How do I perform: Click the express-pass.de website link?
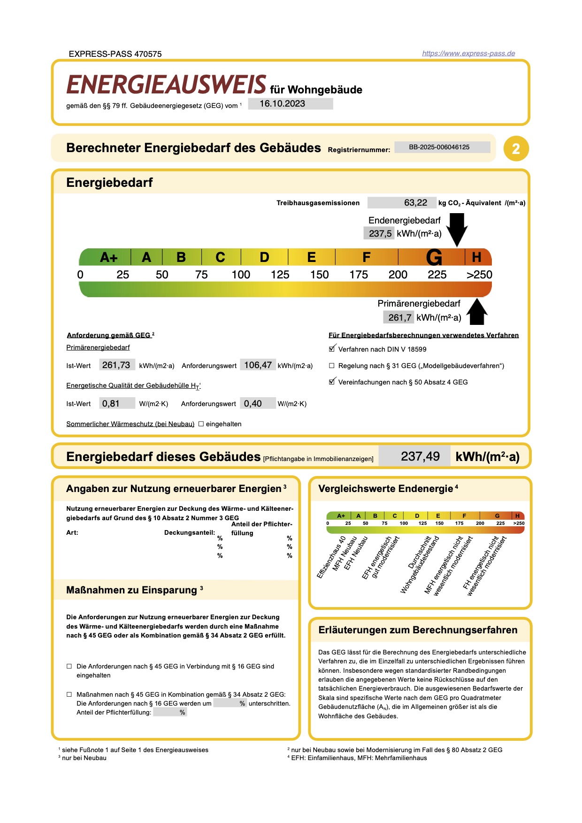468,54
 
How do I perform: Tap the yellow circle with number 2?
516,149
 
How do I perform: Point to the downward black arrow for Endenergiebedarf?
457,229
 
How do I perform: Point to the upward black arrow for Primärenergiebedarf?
477,312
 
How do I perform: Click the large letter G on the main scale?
434,258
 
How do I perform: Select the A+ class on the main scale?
108,258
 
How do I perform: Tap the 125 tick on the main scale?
280,275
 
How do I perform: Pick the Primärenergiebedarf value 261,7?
399,318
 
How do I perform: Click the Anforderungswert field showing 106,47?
258,365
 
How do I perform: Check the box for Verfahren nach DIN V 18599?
332,349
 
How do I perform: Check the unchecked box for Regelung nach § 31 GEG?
332,366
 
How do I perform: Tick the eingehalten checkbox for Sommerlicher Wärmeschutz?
201,424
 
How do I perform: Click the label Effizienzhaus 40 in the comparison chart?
331,557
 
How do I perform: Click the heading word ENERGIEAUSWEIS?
167,85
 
